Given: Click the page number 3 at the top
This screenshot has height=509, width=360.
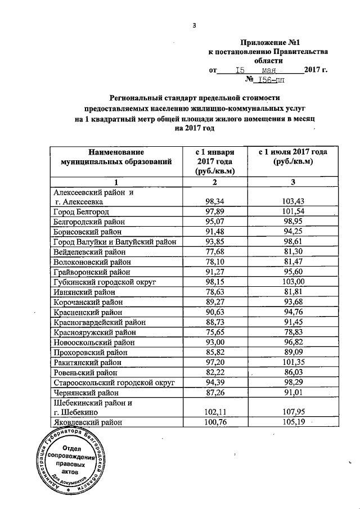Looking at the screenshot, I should (x=194, y=25).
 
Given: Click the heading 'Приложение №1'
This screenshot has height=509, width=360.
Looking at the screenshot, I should (x=268, y=42).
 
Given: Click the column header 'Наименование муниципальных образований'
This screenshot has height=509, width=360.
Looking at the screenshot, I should (x=116, y=157).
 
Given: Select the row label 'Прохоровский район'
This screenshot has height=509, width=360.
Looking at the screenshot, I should (x=87, y=353).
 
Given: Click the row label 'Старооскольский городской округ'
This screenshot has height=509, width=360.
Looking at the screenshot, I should (x=113, y=383).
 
